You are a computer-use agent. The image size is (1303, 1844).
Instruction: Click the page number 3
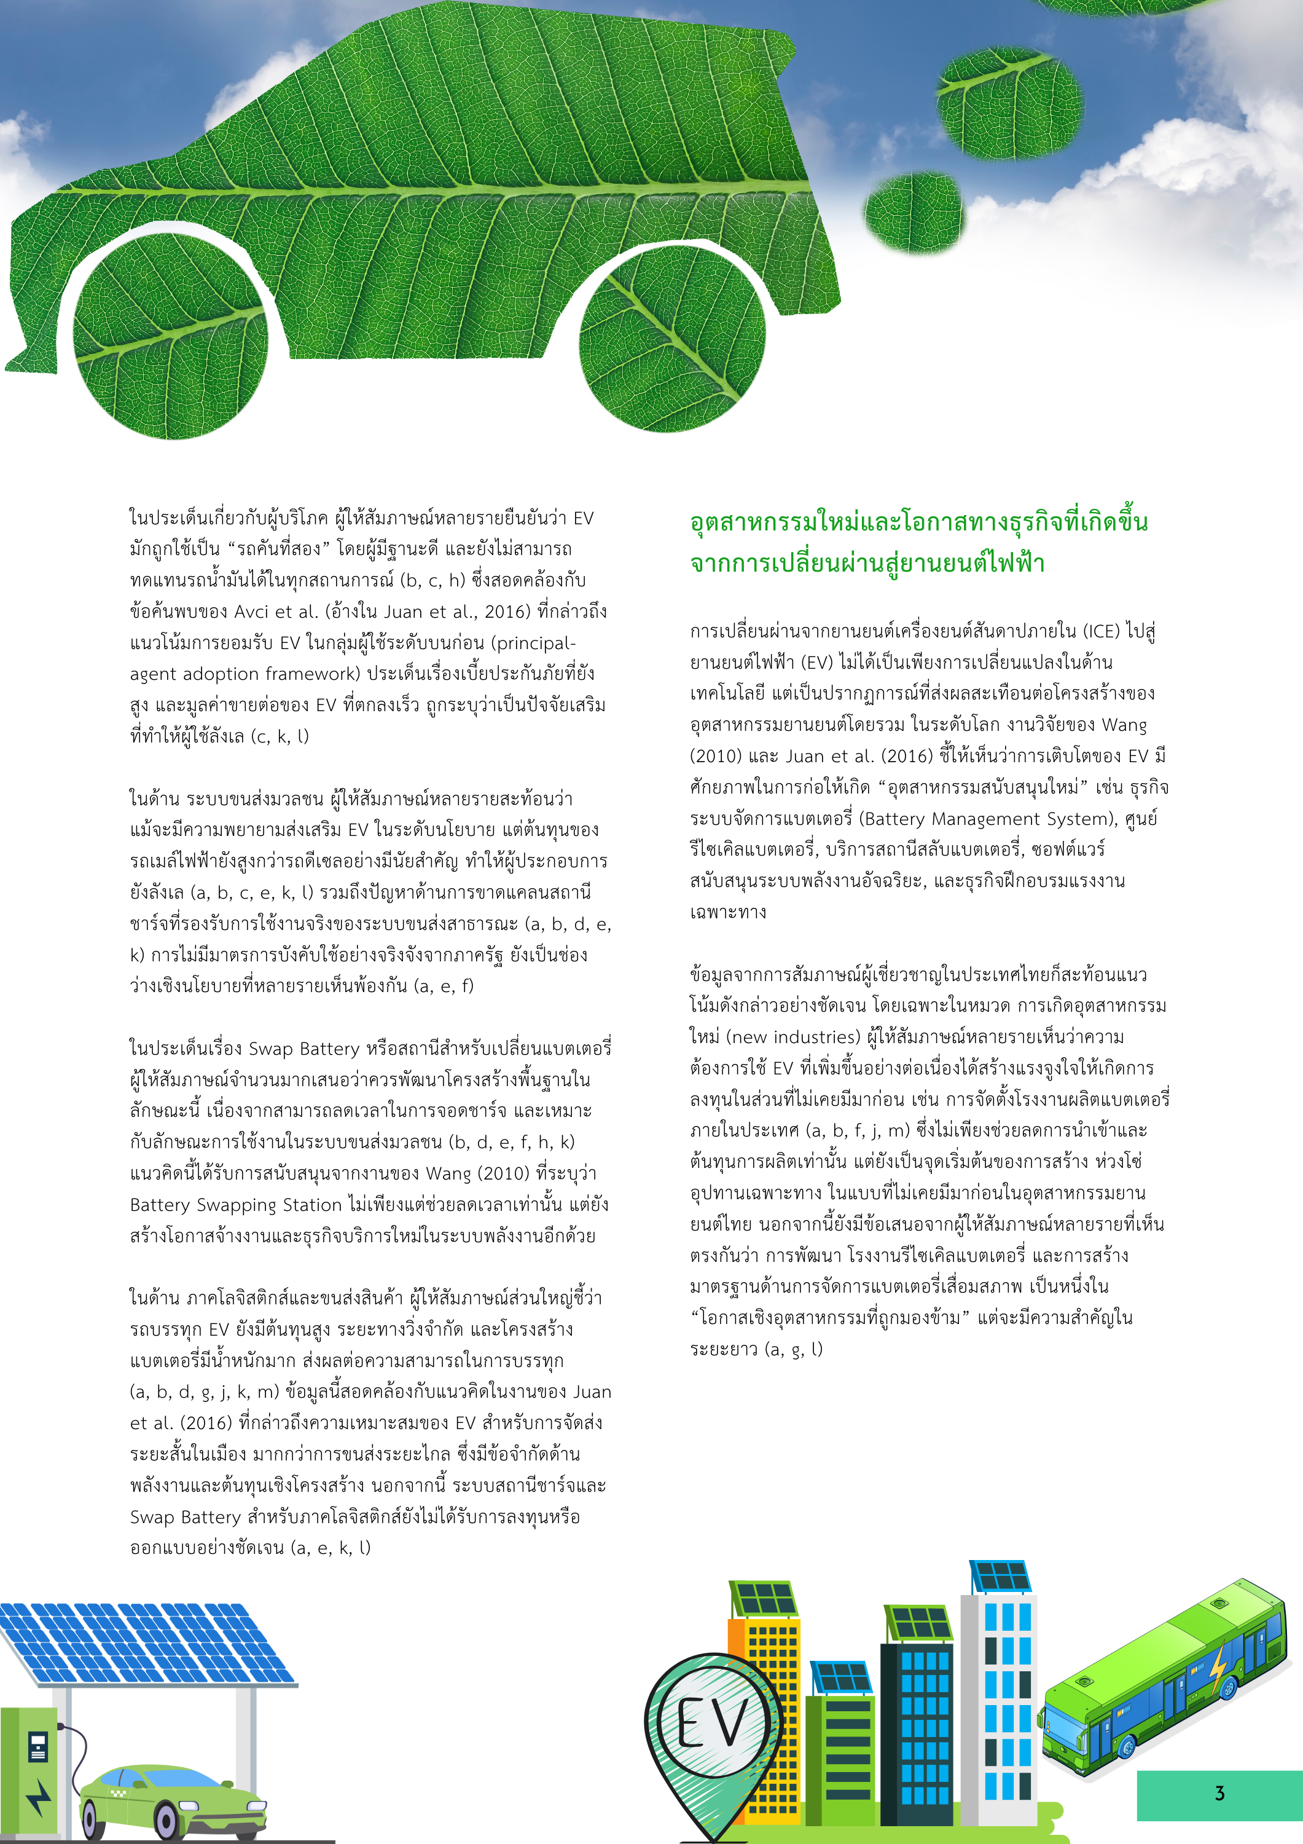(x=1219, y=1792)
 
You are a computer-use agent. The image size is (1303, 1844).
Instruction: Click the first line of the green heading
(x=918, y=521)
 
